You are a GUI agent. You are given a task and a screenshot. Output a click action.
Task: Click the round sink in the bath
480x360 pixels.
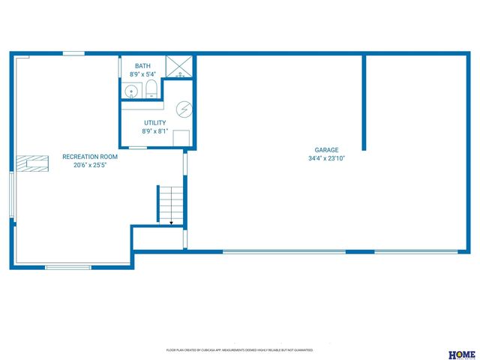[131, 91]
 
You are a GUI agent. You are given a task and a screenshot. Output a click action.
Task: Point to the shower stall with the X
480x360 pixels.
[178, 67]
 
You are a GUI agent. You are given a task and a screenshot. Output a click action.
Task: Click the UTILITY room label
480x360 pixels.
[155, 122]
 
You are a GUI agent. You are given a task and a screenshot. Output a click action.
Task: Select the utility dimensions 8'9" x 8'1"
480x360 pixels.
[155, 131]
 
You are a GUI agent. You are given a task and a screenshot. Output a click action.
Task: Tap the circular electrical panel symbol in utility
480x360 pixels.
[183, 109]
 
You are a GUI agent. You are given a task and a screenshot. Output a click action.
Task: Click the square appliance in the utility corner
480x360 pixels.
[181, 137]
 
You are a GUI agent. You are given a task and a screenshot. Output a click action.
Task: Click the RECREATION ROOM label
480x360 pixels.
[90, 156]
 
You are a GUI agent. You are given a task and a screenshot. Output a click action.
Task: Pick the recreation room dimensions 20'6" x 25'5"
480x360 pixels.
[90, 165]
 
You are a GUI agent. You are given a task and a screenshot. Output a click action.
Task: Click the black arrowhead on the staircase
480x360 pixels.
[171, 222]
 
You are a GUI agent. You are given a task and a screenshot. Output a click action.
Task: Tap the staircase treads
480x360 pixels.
[170, 202]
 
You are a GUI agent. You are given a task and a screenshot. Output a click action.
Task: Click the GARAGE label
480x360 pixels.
[326, 149]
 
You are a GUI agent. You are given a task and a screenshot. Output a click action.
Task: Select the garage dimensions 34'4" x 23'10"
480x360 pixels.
[326, 158]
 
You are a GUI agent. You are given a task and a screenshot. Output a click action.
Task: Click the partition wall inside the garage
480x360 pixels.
[364, 101]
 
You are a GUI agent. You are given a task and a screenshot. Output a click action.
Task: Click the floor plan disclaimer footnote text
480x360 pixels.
[239, 350]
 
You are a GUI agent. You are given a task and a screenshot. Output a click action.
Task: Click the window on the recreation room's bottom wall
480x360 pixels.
[68, 266]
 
